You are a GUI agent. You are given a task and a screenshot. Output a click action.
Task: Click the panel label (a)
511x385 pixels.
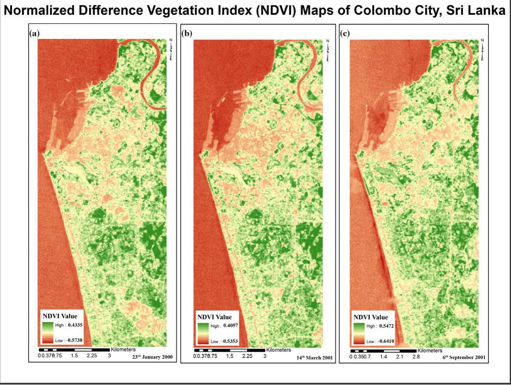pos(34,34)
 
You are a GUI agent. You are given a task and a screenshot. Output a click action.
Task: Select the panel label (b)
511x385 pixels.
pos(187,34)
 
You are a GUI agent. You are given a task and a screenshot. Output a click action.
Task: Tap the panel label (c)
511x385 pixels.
pos(345,34)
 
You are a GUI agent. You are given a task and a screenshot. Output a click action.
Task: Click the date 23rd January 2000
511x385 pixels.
pos(152,357)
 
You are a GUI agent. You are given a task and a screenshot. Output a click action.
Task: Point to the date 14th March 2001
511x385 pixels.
pos(314,358)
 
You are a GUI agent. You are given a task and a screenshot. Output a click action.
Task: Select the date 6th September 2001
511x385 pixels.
pos(464,357)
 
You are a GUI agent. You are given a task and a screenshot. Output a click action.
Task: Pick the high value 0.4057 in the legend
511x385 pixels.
pos(231,325)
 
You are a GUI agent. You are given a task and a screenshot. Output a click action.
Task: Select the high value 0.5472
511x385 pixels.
pos(386,326)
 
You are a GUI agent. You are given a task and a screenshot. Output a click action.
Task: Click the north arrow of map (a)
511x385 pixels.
pos(171,49)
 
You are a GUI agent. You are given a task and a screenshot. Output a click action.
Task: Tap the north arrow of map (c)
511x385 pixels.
pos(482,49)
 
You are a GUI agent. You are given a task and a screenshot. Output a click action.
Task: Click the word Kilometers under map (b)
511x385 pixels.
pos(279,350)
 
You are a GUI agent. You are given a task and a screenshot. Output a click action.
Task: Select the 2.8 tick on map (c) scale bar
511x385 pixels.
pos(416,356)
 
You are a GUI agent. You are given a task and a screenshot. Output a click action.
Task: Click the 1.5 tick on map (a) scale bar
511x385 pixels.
pos(74,355)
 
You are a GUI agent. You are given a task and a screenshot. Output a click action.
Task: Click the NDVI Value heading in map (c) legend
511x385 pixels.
pos(371,317)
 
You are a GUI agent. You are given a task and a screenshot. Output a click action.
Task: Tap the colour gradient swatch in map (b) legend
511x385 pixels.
pos(203,333)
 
